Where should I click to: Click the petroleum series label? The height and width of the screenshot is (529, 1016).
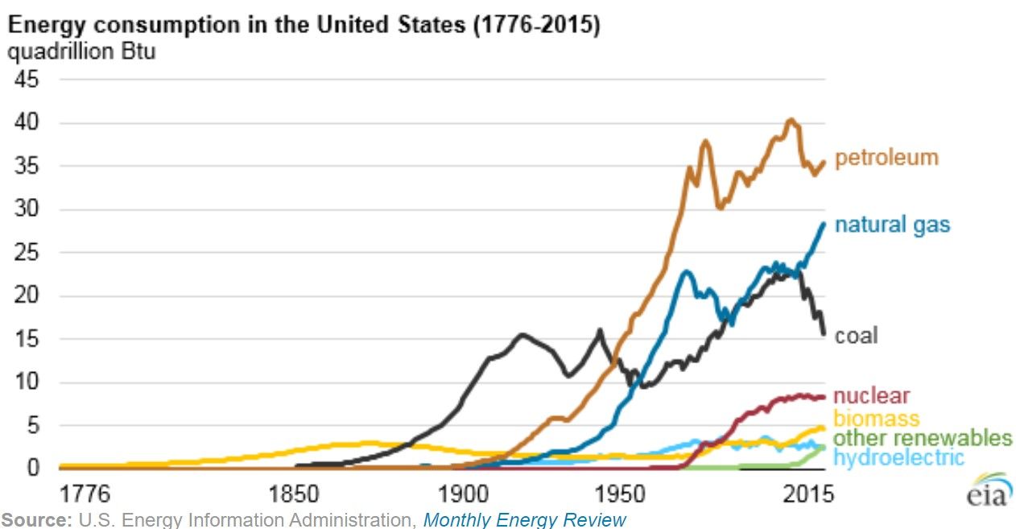[886, 157]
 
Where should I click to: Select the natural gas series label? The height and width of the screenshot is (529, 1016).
[892, 224]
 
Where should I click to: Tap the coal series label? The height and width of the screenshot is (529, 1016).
[856, 335]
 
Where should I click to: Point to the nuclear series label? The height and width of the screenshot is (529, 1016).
[871, 396]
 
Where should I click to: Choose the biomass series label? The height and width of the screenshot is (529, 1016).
[876, 418]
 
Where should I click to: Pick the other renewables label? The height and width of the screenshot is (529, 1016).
[922, 438]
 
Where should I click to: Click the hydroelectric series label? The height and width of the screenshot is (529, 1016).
[898, 457]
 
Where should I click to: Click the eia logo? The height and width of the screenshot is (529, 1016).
[987, 490]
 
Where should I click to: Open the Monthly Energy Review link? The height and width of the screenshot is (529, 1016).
[524, 520]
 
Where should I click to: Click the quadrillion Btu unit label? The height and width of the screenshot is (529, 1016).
[81, 53]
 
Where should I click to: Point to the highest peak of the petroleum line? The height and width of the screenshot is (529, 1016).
[791, 120]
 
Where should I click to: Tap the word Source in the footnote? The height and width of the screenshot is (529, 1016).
[35, 520]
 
